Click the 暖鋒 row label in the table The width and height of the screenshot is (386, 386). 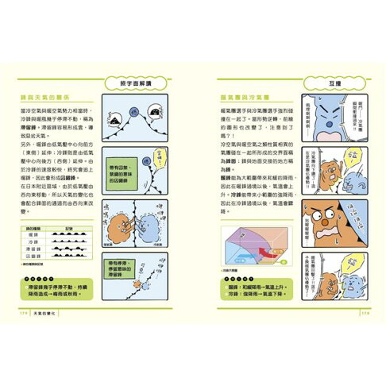33,236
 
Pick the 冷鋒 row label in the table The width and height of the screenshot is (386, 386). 33,243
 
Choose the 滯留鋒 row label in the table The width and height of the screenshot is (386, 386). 33,250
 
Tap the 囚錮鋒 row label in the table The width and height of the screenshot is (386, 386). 33,257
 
